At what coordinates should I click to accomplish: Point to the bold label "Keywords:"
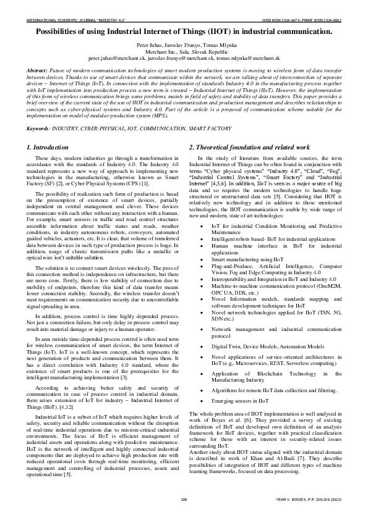(38, 128)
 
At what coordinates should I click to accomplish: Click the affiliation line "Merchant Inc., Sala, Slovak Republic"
(184, 52)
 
